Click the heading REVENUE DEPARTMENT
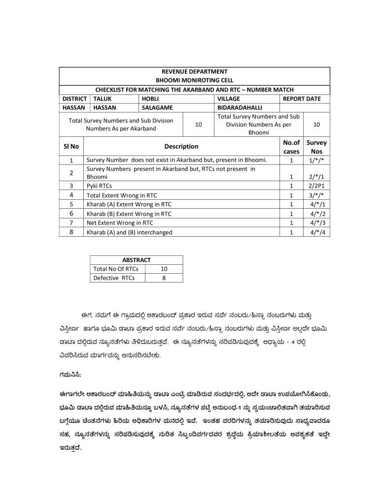194,72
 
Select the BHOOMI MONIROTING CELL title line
194,80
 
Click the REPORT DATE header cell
301,98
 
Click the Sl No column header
71,146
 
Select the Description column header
181,146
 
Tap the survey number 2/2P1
317,186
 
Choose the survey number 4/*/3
318,223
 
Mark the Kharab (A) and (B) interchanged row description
129,232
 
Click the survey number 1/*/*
317,160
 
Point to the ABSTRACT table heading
136,260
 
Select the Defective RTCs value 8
164,278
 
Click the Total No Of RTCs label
116,269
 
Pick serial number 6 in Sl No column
71,214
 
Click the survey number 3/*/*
317,195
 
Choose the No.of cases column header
291,147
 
